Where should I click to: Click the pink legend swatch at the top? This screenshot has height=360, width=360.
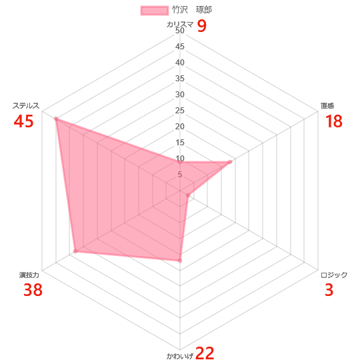point(154,11)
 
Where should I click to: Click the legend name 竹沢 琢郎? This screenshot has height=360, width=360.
point(192,10)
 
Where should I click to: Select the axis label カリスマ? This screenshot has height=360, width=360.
point(180,25)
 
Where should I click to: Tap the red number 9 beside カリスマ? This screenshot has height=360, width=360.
point(202,26)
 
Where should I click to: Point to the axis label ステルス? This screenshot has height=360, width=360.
point(26,105)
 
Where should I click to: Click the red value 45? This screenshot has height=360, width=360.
point(23,121)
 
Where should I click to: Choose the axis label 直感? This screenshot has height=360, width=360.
point(327,105)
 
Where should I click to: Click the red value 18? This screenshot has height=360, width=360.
point(334,121)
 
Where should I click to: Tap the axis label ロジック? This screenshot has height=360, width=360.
point(334,275)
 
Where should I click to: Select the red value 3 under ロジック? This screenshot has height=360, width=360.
point(329,290)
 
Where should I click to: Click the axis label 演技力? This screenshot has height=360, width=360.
point(29,275)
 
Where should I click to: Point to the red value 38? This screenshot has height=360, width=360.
point(33,290)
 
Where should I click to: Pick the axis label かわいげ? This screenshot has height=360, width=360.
point(180,356)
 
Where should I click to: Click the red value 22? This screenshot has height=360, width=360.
point(205,353)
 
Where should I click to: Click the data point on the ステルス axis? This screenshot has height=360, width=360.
point(56,119)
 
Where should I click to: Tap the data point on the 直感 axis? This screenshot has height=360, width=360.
point(230,162)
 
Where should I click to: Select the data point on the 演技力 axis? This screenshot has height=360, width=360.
point(75,251)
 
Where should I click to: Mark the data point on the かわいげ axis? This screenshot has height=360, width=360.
point(180,261)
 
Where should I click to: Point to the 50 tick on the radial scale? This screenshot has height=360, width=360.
point(180,31)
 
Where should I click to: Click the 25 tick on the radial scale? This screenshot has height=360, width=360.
point(180,111)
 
